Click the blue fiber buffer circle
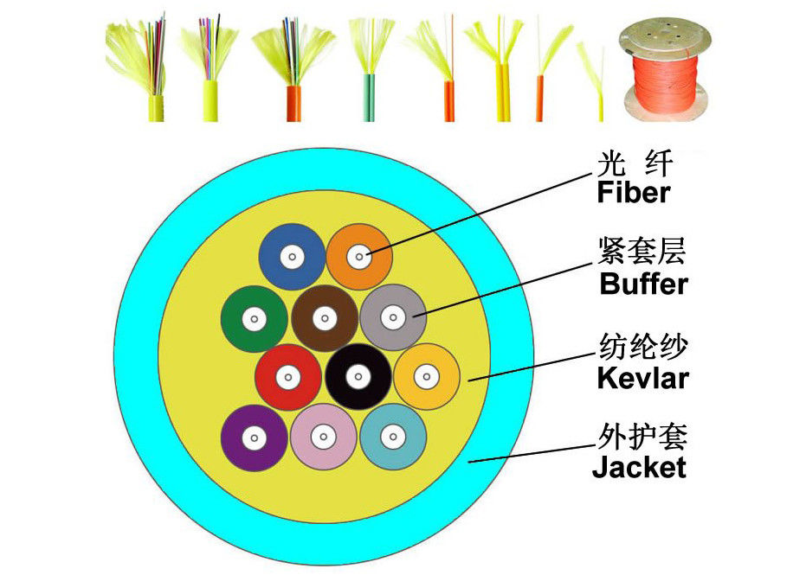point(293,257)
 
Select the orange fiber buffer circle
point(359,256)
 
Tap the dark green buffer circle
point(254,319)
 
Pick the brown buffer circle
point(324,318)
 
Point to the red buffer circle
point(288,377)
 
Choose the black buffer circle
point(358,376)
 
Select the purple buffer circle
point(254,438)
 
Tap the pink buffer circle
point(323,437)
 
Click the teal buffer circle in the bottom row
point(391,437)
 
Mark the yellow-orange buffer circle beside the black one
point(426,376)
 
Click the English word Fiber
point(634,192)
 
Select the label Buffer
point(643,284)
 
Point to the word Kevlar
point(642,378)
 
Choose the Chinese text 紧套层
point(642,252)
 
